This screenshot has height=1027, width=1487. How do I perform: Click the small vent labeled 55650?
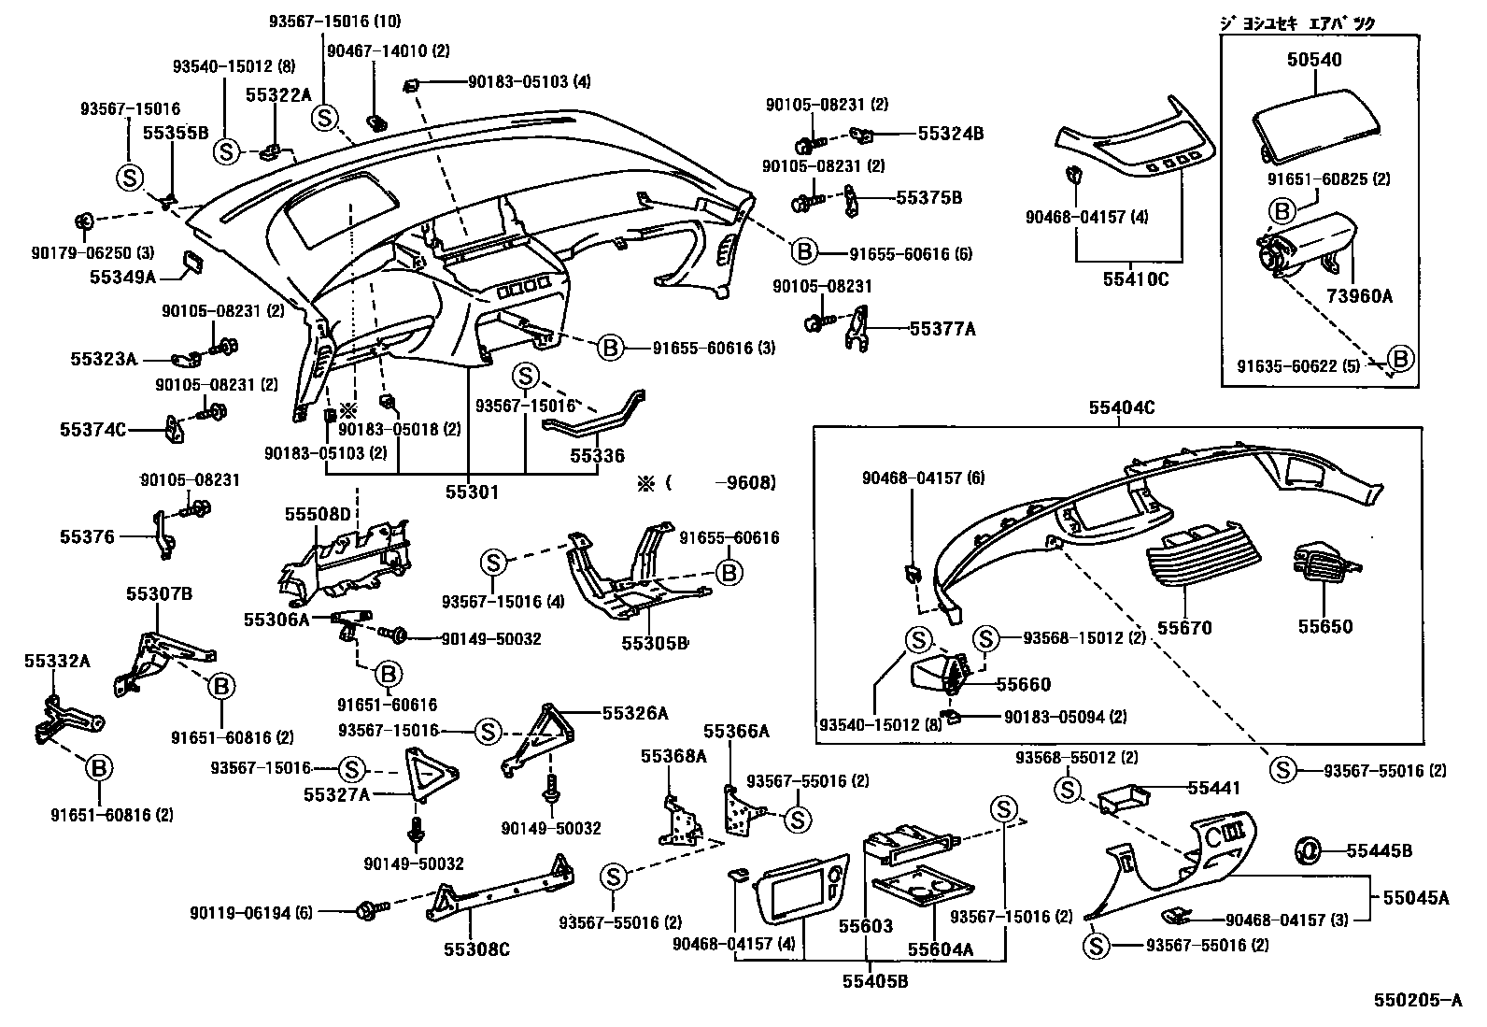1325,566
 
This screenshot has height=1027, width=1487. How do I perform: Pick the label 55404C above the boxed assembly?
1121,407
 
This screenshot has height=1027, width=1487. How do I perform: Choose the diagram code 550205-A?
1417,1001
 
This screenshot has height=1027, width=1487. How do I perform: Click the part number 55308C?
476,949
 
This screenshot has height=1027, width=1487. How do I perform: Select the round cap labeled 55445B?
1307,850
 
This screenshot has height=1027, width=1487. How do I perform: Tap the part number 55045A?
1416,898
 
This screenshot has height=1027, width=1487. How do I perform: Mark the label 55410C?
1136,278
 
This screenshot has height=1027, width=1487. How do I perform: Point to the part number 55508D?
318,514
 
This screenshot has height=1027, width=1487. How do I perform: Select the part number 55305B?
655,643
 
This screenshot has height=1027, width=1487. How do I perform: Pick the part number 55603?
864,927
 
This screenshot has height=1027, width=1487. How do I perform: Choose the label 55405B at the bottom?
875,982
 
